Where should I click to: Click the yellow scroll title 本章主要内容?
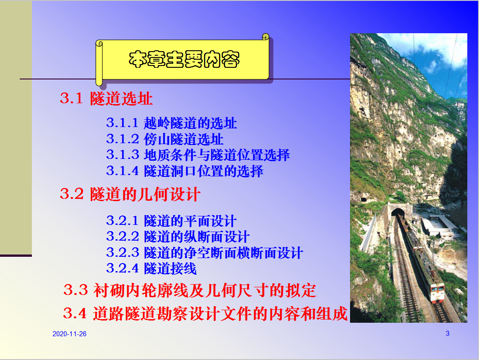coord(184,59)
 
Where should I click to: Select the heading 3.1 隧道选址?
coord(106,99)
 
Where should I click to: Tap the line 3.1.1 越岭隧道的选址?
coord(171,123)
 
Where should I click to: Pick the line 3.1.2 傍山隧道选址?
coord(165,139)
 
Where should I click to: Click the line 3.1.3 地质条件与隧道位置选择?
coord(198,155)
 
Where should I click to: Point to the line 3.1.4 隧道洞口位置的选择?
coord(185,171)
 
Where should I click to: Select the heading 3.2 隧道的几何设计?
coord(130,194)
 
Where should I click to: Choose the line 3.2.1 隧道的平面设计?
coord(171,221)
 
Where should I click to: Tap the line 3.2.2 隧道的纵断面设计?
coord(178,237)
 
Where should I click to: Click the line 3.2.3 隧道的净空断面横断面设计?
coord(204,253)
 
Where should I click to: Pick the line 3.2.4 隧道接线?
coord(151,268)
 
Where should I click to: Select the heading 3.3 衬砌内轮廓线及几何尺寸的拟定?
coord(190,290)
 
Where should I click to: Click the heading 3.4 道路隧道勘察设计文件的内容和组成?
coord(205,313)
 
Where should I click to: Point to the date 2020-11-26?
coord(69,334)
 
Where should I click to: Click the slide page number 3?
coord(448,334)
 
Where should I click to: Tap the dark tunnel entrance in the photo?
coord(398,212)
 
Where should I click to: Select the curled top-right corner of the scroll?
coord(266,37)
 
